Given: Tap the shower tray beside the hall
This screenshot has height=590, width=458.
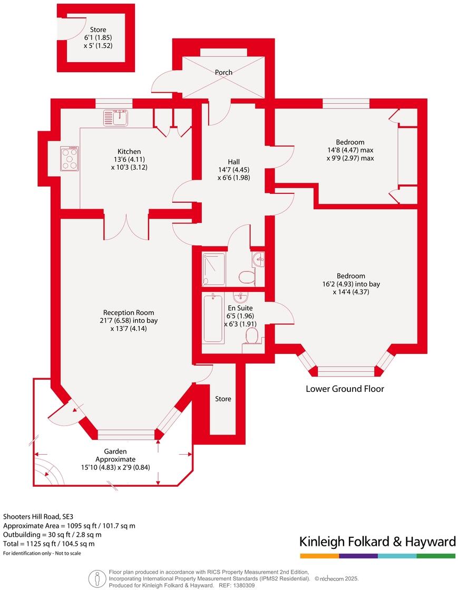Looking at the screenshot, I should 213,269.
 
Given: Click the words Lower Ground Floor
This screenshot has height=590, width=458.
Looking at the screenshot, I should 345,389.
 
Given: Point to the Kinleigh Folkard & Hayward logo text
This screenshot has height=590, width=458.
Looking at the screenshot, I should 377,542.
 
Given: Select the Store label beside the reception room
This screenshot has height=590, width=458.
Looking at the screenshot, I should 223,399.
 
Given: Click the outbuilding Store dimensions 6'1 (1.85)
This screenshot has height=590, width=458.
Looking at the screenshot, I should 98,37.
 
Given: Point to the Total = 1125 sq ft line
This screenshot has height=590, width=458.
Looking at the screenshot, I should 49,544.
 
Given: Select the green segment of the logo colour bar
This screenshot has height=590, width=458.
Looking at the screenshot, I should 436,556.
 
